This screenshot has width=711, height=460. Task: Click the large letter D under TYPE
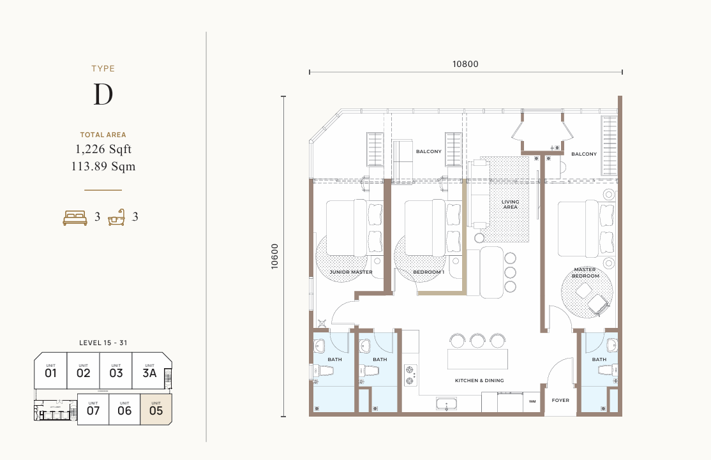(x=103, y=94)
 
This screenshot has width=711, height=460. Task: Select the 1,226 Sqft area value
(x=103, y=149)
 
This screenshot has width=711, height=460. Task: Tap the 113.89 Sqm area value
(x=103, y=167)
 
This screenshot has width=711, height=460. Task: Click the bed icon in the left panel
(x=75, y=218)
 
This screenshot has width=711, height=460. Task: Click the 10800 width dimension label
(x=465, y=64)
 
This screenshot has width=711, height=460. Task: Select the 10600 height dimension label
(x=274, y=256)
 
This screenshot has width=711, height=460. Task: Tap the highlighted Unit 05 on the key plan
(x=156, y=409)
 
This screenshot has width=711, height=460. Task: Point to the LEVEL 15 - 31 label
(x=103, y=343)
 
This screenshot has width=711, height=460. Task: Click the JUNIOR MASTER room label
(x=351, y=272)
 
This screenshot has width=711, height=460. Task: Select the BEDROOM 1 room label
(x=428, y=272)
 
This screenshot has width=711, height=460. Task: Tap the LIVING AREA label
(x=510, y=204)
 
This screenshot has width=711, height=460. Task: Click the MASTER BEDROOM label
(x=585, y=272)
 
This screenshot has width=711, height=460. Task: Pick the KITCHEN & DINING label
(x=479, y=380)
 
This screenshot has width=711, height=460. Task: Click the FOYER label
(x=560, y=401)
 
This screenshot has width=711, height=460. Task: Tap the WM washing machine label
(x=532, y=402)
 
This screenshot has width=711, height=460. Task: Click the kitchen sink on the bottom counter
(x=447, y=403)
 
